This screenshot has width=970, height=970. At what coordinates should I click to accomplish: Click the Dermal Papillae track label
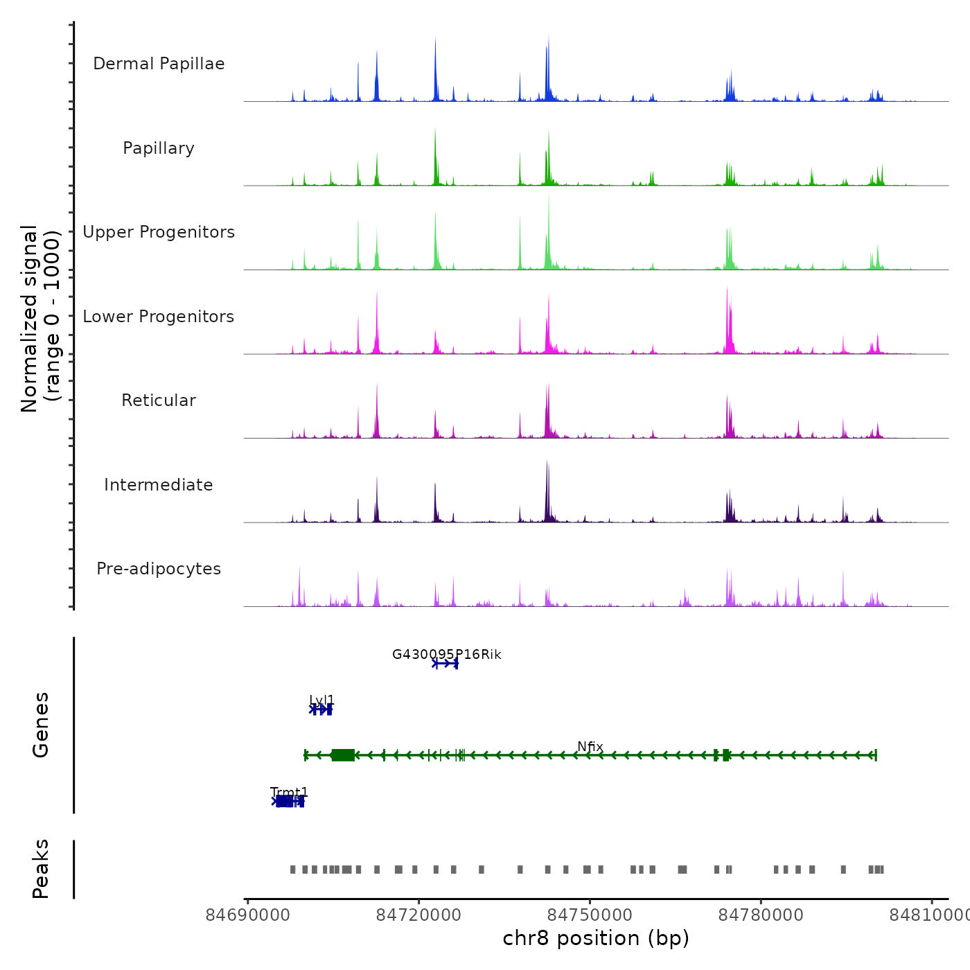coord(159,64)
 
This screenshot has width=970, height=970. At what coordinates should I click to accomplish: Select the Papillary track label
coord(159,148)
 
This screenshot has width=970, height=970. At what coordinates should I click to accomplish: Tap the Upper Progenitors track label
coord(159,232)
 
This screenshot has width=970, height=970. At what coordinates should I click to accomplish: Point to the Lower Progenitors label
coord(159,317)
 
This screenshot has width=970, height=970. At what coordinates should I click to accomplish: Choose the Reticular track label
coord(159,400)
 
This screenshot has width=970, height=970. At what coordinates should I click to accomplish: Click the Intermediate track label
coord(159,485)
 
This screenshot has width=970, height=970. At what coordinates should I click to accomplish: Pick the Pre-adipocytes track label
coord(159,569)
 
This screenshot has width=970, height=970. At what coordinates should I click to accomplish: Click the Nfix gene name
coord(590,747)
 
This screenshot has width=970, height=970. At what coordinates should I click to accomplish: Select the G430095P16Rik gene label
coord(446,655)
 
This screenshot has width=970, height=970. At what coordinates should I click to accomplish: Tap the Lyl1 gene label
coord(322,700)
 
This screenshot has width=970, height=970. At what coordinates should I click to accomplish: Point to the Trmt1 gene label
coord(290,792)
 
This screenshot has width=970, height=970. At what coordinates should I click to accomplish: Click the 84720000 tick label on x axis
coord(418,915)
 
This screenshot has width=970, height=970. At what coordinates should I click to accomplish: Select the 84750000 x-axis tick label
coord(590,915)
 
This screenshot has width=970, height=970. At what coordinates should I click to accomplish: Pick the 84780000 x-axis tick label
coord(761,915)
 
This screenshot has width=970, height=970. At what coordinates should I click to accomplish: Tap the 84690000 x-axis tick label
coord(248,915)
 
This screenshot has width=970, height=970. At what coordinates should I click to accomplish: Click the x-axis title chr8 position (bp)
coord(596,939)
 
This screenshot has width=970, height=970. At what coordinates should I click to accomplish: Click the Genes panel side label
coord(41,725)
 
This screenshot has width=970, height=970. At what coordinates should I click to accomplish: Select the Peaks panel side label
coord(41,869)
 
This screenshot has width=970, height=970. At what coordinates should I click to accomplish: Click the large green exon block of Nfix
coord(343,755)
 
